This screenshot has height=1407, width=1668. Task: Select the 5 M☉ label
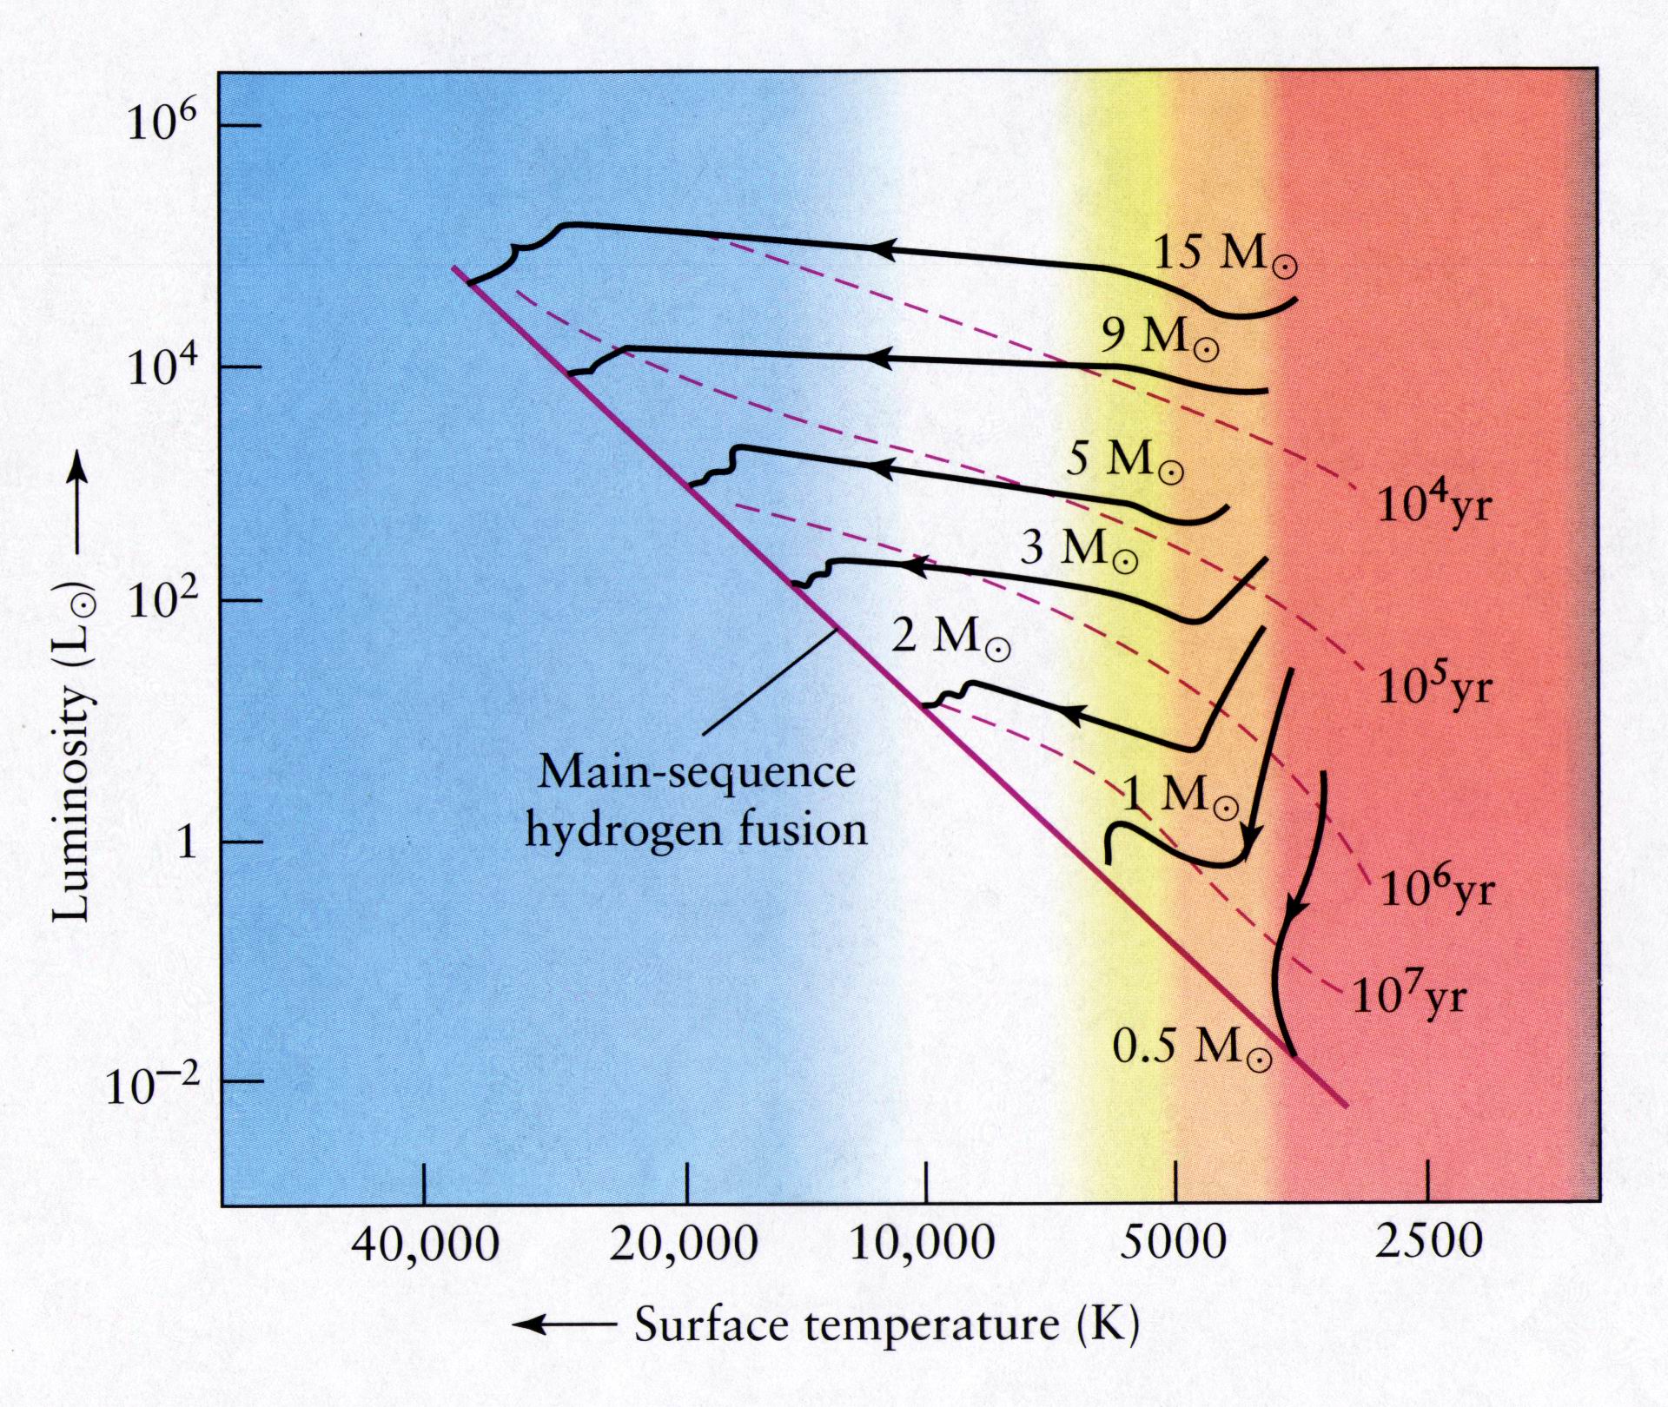1124,460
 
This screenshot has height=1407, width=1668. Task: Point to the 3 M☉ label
1078,549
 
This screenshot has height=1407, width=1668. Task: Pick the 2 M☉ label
950,638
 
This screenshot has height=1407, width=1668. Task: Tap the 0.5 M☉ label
1191,1047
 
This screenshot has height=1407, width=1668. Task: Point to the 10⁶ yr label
1435,890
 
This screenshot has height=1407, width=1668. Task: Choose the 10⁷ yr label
1408,998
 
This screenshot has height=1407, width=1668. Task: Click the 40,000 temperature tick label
425,1245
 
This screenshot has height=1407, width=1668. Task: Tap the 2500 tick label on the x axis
1428,1244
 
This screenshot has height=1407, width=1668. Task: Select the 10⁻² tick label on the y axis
152,1086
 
